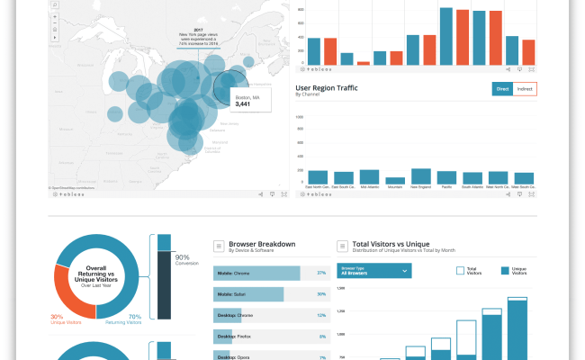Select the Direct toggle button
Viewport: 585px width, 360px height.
coord(502,88)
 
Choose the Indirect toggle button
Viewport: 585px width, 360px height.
coord(525,88)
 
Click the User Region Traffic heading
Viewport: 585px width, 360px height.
coord(335,86)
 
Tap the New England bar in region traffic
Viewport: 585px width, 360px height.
coord(421,176)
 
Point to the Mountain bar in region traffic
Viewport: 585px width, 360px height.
coord(395,181)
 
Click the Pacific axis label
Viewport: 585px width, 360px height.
coord(447,187)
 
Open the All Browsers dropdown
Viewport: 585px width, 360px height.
coord(374,270)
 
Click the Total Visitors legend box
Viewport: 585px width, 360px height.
coord(460,269)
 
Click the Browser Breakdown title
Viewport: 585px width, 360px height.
coord(262,244)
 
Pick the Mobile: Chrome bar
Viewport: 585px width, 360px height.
coord(256,272)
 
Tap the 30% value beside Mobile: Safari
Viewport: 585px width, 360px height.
coord(321,293)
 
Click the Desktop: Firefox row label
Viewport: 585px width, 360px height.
coord(232,337)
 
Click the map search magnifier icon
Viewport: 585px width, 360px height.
coord(56,5)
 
